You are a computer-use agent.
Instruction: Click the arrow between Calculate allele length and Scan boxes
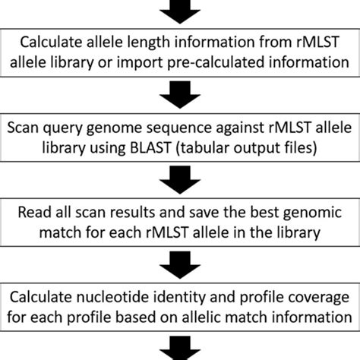(180, 96)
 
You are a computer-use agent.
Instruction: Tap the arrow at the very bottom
(180, 353)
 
